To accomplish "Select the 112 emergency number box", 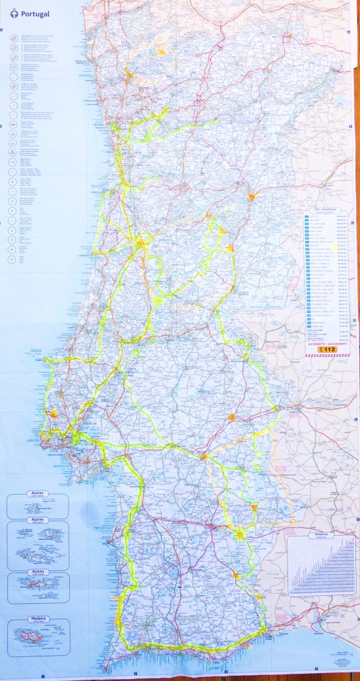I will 328,348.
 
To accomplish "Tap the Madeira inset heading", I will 37,619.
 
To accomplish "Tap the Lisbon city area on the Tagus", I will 67,439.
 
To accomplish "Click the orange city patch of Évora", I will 231,417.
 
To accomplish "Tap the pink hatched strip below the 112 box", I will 328,355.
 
